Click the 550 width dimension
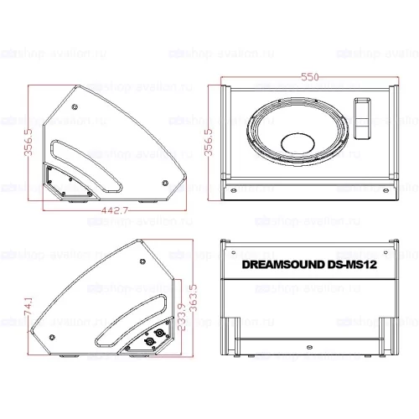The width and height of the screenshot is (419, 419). click(x=310, y=77)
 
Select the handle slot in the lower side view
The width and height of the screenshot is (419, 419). click(x=126, y=306)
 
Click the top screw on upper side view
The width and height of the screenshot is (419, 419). click(x=74, y=106)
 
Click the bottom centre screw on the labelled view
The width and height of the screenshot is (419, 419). click(x=310, y=349)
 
